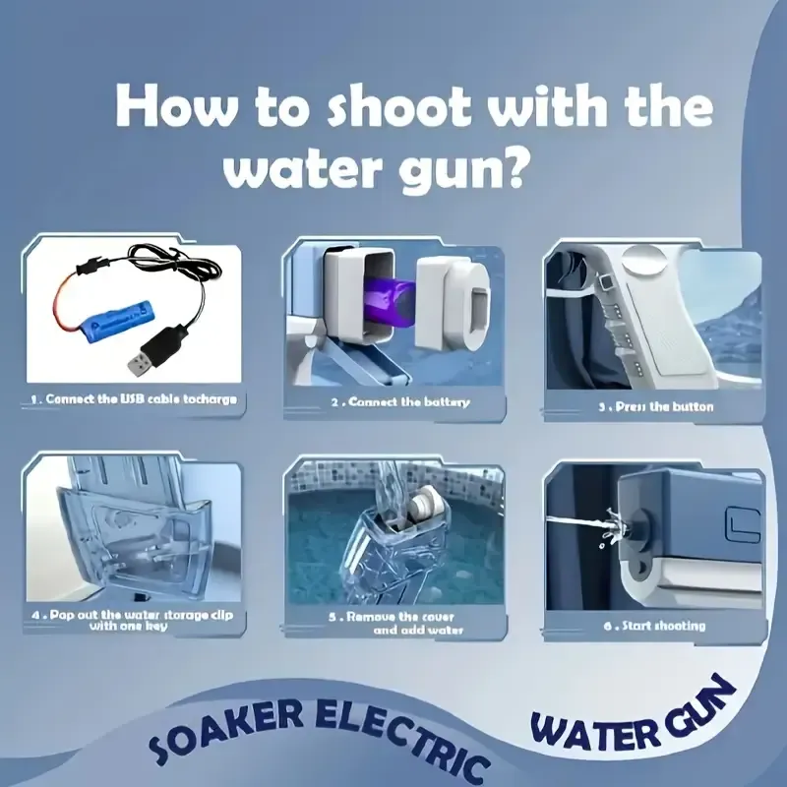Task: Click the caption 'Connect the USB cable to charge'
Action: click(134, 400)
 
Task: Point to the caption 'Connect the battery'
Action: click(399, 401)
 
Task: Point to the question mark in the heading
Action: click(515, 170)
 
